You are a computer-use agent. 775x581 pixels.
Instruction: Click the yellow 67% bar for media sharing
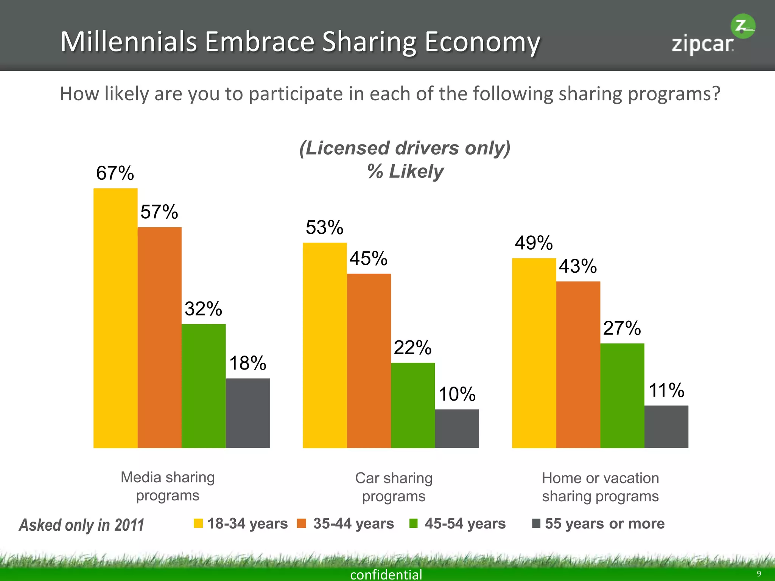click(x=115, y=318)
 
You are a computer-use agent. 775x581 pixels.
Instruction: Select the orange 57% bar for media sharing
click(x=159, y=337)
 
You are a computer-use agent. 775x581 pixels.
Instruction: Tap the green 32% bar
click(x=204, y=386)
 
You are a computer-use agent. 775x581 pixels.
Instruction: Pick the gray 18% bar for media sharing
click(x=247, y=413)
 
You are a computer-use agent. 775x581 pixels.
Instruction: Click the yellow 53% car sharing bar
click(x=325, y=345)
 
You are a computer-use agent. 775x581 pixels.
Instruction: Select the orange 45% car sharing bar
click(x=369, y=361)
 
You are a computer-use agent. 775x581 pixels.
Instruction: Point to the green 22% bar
click(x=413, y=405)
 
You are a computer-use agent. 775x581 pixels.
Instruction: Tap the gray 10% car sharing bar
click(x=457, y=429)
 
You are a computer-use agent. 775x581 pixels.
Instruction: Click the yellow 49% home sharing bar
click(x=534, y=353)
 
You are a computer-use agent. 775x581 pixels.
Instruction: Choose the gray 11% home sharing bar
click(x=666, y=427)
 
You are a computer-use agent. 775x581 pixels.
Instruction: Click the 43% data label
click(x=578, y=266)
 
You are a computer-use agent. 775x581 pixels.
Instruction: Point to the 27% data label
click(x=622, y=328)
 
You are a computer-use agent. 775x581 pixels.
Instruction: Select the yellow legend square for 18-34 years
click(x=198, y=523)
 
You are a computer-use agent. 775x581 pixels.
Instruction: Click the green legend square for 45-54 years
click(x=414, y=524)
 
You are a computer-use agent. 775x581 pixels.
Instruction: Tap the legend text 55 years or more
click(x=605, y=524)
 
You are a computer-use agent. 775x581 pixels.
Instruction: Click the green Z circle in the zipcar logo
click(x=742, y=26)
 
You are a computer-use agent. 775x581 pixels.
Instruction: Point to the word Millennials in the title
click(x=129, y=42)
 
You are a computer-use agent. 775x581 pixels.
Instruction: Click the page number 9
click(x=759, y=573)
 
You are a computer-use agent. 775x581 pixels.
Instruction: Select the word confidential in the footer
click(x=386, y=575)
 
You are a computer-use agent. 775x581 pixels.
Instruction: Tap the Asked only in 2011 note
click(x=82, y=525)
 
